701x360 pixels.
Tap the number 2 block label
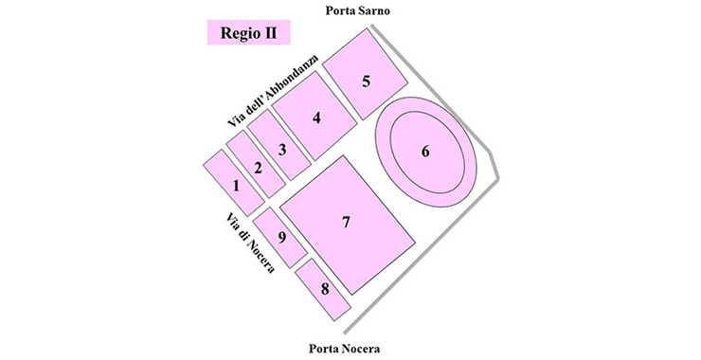click(x=257, y=168)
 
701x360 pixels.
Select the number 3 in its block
click(x=281, y=149)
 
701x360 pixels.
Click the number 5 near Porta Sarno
click(x=365, y=81)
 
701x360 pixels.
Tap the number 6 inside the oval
click(x=425, y=152)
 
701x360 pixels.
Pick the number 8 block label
click(x=325, y=288)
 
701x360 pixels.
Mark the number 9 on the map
click(x=281, y=235)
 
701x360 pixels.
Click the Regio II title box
click(x=248, y=34)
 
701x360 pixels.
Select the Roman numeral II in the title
click(x=272, y=34)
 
